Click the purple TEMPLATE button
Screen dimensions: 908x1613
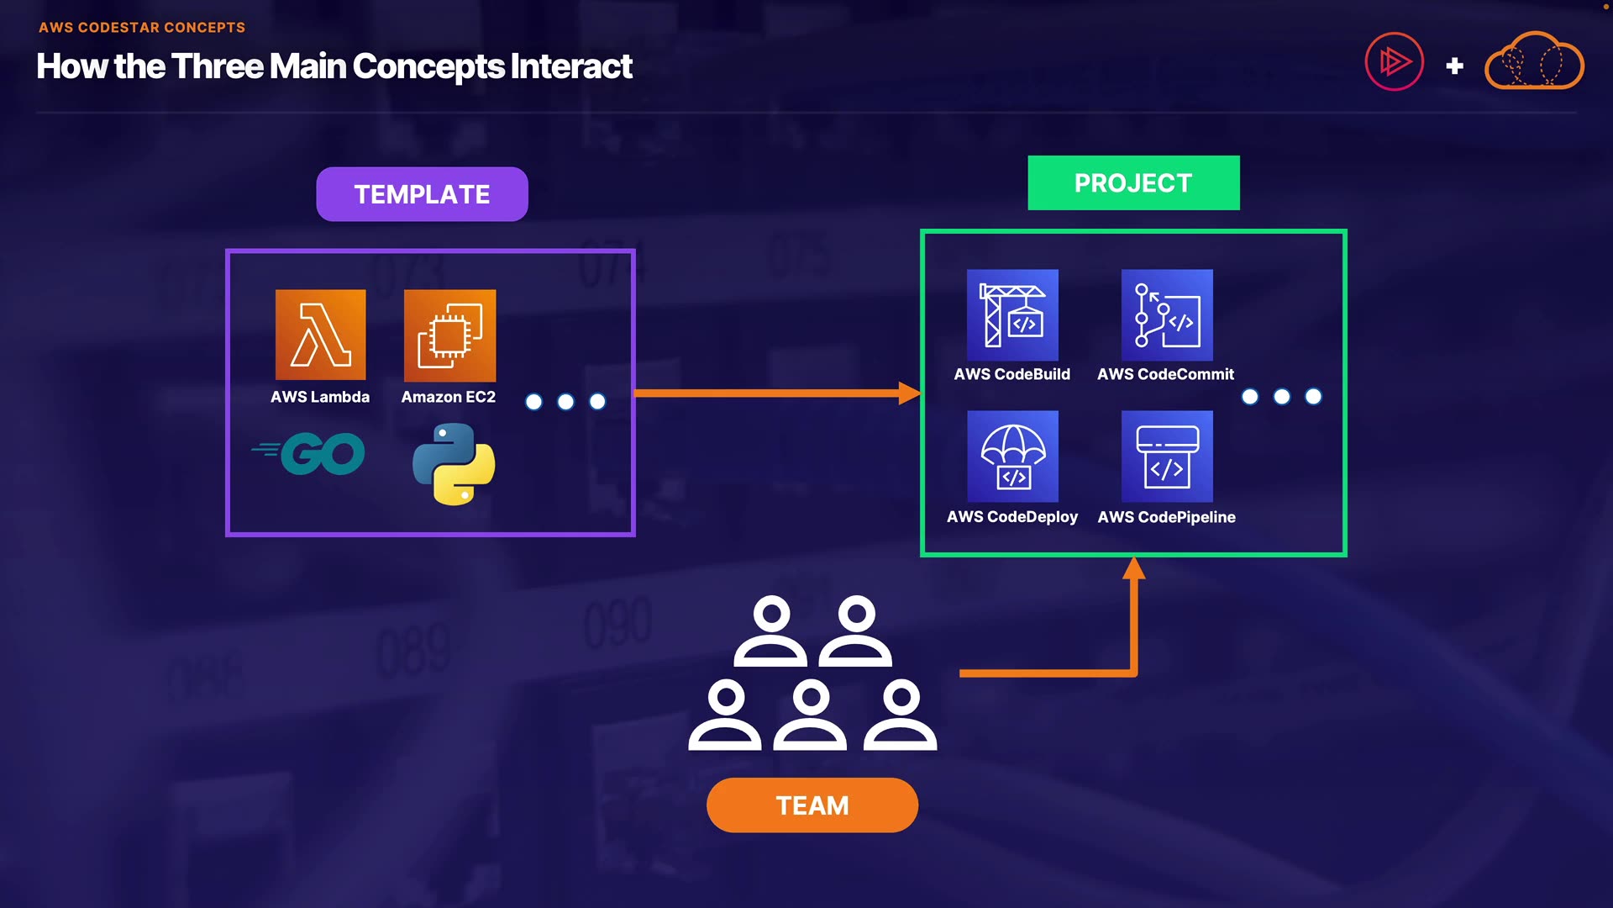pyautogui.click(x=422, y=194)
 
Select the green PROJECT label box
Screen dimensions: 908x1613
pyautogui.click(x=1133, y=182)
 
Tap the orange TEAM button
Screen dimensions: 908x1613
pyautogui.click(x=812, y=805)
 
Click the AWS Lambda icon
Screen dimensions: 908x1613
pyautogui.click(x=320, y=335)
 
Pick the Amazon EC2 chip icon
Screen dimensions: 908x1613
pyautogui.click(x=449, y=335)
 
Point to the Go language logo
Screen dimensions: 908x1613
pyautogui.click(x=311, y=454)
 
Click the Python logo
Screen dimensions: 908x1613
pyautogui.click(x=454, y=464)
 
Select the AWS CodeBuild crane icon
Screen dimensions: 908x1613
pyautogui.click(x=1012, y=314)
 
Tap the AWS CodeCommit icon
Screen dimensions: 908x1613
pyautogui.click(x=1167, y=314)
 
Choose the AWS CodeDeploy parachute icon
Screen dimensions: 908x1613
pyautogui.click(x=1012, y=456)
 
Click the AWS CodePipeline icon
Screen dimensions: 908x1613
pyautogui.click(x=1167, y=456)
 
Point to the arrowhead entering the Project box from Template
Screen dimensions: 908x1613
pyautogui.click(x=910, y=393)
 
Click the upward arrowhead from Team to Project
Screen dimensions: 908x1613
pyautogui.click(x=1134, y=568)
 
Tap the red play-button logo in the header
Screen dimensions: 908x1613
pyautogui.click(x=1395, y=61)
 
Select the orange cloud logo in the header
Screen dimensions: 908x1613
pyautogui.click(x=1534, y=61)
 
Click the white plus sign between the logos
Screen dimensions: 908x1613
pyautogui.click(x=1455, y=66)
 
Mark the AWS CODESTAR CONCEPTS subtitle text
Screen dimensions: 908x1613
pyautogui.click(x=142, y=27)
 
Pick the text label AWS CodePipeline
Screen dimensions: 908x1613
pyautogui.click(x=1166, y=517)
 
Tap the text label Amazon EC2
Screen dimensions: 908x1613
pyautogui.click(x=448, y=397)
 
